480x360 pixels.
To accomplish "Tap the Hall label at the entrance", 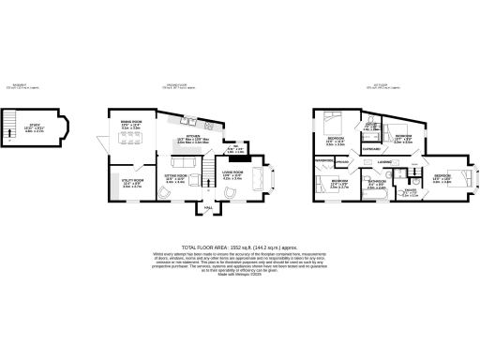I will tap(208, 209).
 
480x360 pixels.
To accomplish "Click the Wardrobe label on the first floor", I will tap(325, 160).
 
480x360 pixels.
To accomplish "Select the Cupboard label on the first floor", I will tap(371, 148).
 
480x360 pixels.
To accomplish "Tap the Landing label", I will tap(384, 161).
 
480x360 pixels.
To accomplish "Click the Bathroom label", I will tap(375, 184).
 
